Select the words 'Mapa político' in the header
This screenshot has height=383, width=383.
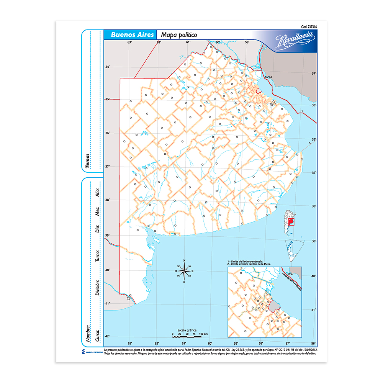(179, 34)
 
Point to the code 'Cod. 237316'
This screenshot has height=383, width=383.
(309, 26)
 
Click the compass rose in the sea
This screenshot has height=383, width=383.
(185, 271)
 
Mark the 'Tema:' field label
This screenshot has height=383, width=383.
(88, 161)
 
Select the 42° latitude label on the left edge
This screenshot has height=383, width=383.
(108, 336)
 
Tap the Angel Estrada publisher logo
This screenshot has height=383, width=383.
(90, 352)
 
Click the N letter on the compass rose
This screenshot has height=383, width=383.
(185, 261)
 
